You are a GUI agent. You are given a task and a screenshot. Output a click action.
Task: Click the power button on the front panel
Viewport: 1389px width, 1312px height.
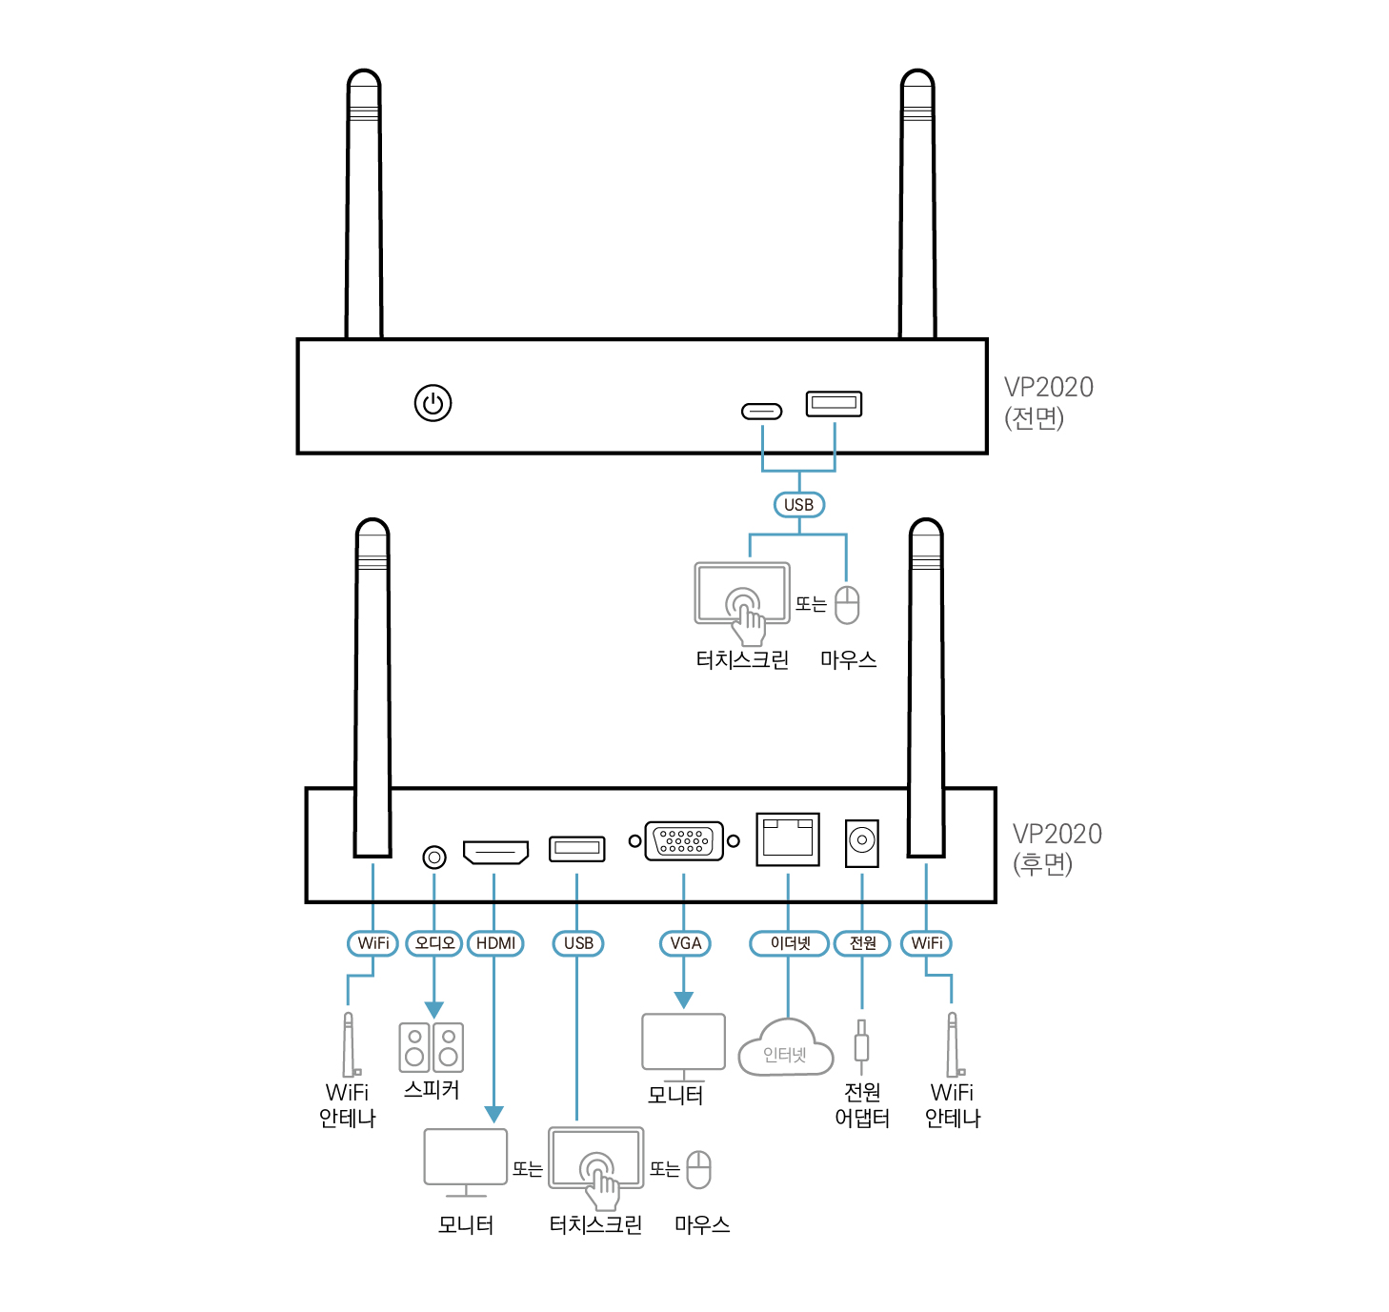433,403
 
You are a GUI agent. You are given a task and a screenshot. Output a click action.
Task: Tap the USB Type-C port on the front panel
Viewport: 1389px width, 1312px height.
761,411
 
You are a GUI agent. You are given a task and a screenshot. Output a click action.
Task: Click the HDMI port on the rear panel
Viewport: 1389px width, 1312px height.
495,851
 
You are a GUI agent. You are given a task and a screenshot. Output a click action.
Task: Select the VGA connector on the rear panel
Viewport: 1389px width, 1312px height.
684,840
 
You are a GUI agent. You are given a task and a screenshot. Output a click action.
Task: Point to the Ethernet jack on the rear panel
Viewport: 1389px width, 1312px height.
788,839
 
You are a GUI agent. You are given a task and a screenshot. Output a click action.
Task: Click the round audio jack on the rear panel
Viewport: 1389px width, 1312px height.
434,858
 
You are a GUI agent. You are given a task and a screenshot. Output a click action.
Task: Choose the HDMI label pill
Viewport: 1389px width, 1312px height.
495,943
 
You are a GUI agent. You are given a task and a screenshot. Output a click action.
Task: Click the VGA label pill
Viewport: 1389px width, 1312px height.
685,943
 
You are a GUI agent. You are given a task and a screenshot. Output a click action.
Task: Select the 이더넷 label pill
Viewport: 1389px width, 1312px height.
789,943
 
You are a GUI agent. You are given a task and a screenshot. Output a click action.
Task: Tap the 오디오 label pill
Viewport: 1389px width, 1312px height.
434,943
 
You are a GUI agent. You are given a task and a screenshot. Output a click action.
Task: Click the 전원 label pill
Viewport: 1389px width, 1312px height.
862,943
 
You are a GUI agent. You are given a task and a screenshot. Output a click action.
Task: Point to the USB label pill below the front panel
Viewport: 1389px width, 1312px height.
798,505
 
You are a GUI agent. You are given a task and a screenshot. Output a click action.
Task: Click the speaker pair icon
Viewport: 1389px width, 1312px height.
432,1046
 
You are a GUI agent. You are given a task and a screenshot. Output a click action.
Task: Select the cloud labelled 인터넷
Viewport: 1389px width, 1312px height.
786,1049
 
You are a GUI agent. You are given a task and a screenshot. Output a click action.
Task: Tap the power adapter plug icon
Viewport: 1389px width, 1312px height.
861,1043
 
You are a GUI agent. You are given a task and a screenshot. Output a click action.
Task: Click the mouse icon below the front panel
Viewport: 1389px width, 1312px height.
847,605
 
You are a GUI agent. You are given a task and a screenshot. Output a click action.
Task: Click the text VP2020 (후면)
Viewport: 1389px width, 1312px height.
1056,848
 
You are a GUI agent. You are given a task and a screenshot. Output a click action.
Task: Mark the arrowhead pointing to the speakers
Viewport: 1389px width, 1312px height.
434,1010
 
